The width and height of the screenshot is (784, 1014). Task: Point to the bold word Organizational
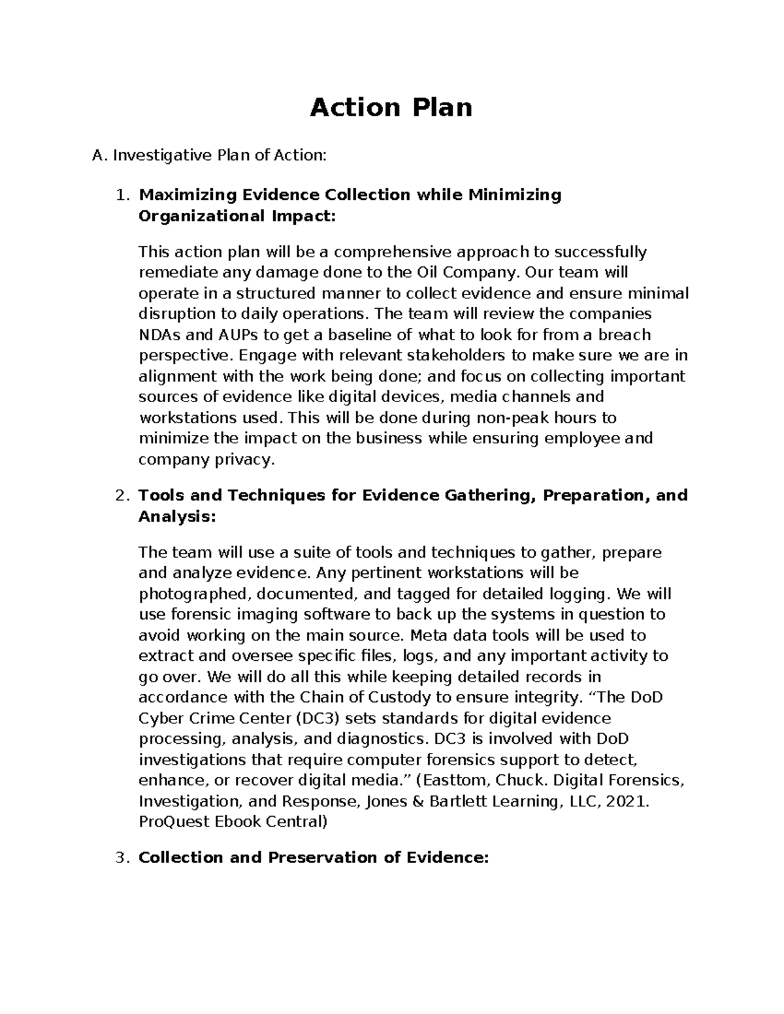click(199, 216)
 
